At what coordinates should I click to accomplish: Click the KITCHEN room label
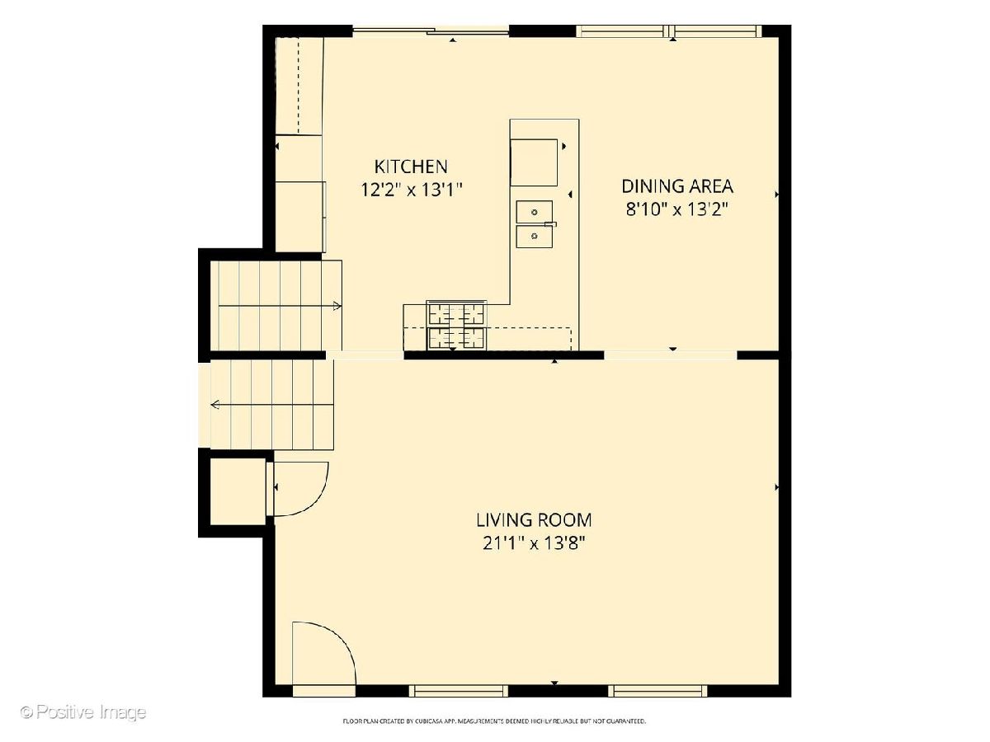(x=411, y=167)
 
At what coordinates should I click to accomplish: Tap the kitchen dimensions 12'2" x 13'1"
(x=412, y=190)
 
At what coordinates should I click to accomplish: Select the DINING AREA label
(x=677, y=186)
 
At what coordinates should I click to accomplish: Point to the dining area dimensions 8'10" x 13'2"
(x=677, y=209)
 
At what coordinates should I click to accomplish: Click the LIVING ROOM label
(x=534, y=520)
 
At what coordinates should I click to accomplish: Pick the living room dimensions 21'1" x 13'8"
(x=534, y=544)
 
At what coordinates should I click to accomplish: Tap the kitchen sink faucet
(x=551, y=224)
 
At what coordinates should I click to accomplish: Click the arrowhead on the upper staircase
(x=337, y=307)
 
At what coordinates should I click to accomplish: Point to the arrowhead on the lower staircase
(x=215, y=405)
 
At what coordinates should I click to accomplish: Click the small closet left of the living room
(x=238, y=491)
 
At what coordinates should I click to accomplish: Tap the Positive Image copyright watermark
(x=83, y=712)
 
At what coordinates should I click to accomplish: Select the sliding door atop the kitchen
(x=431, y=31)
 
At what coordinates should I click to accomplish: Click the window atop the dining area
(x=669, y=31)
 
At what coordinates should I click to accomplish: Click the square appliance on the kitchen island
(x=534, y=162)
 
